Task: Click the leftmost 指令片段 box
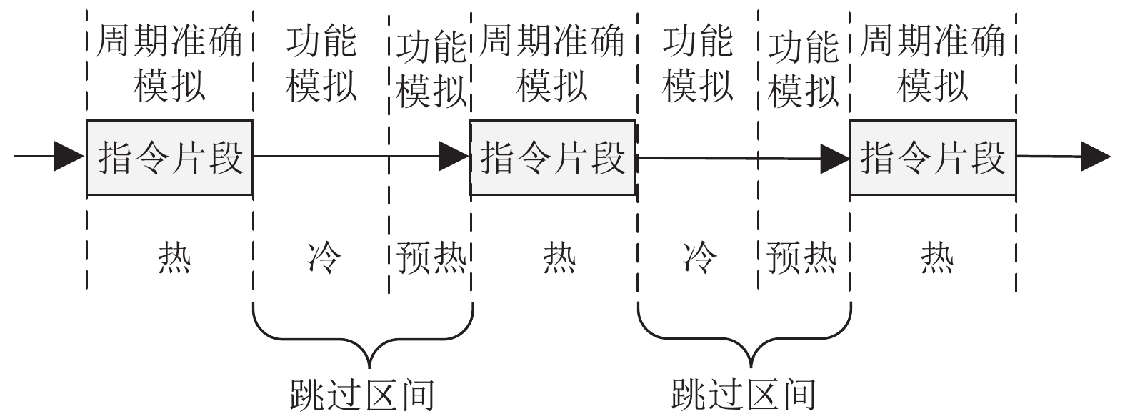point(169,157)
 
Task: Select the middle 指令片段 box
point(552,157)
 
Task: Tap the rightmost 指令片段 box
point(932,157)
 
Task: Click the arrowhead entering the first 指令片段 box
point(70,157)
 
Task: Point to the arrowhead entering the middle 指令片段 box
point(454,157)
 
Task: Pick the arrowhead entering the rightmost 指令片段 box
point(834,157)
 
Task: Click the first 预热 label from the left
point(431,257)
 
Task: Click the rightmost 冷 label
point(699,257)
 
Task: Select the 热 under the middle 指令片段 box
point(559,257)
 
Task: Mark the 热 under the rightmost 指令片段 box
point(936,257)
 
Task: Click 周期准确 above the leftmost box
point(169,41)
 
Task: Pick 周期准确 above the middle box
point(552,41)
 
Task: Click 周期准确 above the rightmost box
point(932,41)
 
